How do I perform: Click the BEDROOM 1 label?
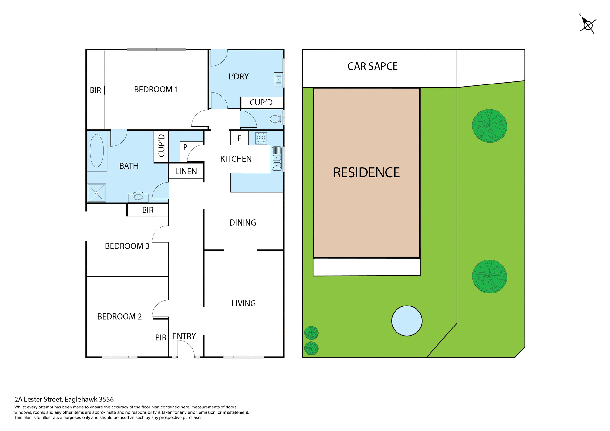(x=156, y=90)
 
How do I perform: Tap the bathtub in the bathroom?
(x=97, y=151)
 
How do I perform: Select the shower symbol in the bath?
(x=97, y=192)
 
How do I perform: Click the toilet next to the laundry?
(x=275, y=119)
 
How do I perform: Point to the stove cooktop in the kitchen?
(x=261, y=138)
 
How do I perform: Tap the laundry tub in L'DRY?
(x=278, y=79)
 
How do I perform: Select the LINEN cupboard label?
(x=186, y=172)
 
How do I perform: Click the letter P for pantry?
(x=185, y=147)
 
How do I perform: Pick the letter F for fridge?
(x=240, y=138)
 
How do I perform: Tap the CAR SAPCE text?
(x=372, y=66)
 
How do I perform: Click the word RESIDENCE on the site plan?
(x=366, y=173)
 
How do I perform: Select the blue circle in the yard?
(x=407, y=321)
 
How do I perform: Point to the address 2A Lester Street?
(x=64, y=400)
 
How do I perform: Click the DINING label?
(x=243, y=223)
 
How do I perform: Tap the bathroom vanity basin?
(x=138, y=197)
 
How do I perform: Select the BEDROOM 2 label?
(x=119, y=317)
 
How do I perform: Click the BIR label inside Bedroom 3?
(x=148, y=210)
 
